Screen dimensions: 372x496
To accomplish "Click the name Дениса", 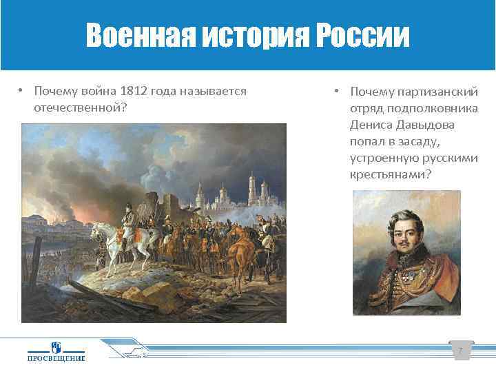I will coord(372,125).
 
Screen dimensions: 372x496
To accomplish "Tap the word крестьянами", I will coord(390,174).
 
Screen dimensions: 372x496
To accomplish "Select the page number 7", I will coord(460,352).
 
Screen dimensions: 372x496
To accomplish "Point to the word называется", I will coord(216,92).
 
